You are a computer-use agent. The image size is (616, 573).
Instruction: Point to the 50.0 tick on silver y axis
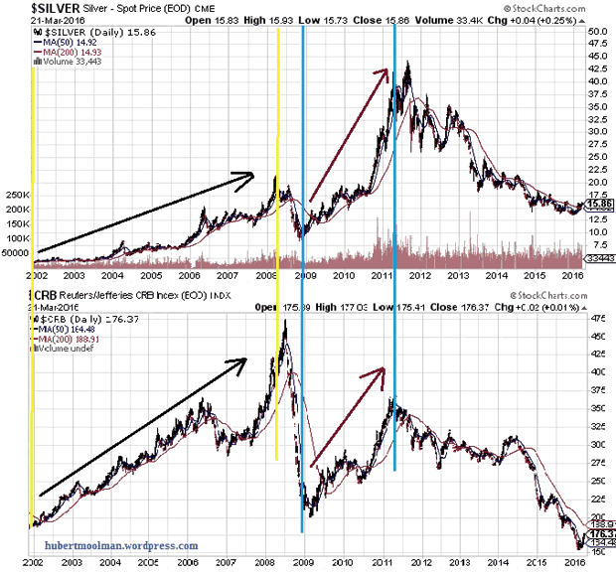(x=597, y=31)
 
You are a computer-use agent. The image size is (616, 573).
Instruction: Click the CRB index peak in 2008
(x=285, y=324)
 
